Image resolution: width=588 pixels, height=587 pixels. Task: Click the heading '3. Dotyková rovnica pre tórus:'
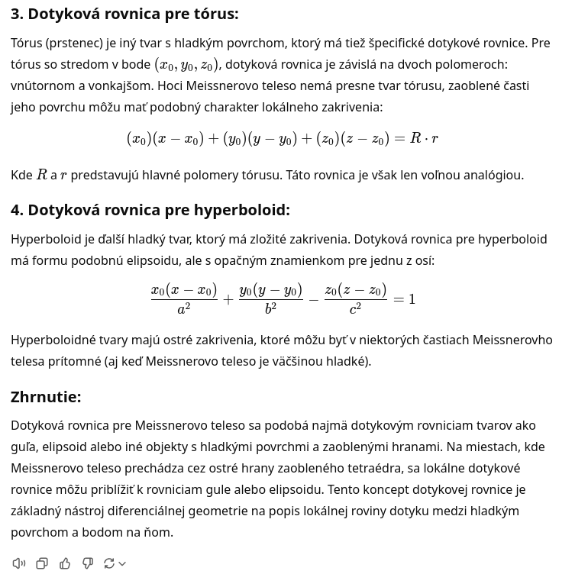tap(124, 14)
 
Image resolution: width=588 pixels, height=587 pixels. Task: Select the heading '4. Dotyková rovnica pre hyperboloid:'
tap(150, 210)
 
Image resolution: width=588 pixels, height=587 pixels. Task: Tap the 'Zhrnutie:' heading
tap(46, 397)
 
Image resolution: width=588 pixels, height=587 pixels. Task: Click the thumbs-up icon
tap(65, 563)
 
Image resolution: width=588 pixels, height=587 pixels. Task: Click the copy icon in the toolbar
tap(42, 563)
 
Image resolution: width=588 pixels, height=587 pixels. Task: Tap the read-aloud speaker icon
tap(19, 563)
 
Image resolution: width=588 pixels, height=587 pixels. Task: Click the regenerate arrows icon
tap(109, 563)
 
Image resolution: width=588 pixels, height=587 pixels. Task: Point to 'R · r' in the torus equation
tap(424, 138)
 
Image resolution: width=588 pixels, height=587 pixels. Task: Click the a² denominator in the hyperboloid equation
tap(184, 309)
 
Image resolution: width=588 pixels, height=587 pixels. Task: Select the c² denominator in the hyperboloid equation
tap(355, 309)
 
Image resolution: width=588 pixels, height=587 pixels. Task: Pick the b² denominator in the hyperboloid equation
tap(270, 309)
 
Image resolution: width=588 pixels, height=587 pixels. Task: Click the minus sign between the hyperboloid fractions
tap(313, 299)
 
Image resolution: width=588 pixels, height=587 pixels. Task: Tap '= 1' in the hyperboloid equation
tap(404, 299)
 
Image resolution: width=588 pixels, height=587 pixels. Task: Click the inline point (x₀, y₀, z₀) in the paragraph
tap(186, 65)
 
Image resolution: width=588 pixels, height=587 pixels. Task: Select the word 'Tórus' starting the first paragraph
tap(27, 44)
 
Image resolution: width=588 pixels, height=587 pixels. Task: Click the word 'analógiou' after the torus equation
tap(493, 176)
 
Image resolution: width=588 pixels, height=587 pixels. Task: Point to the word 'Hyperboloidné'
tap(53, 340)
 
